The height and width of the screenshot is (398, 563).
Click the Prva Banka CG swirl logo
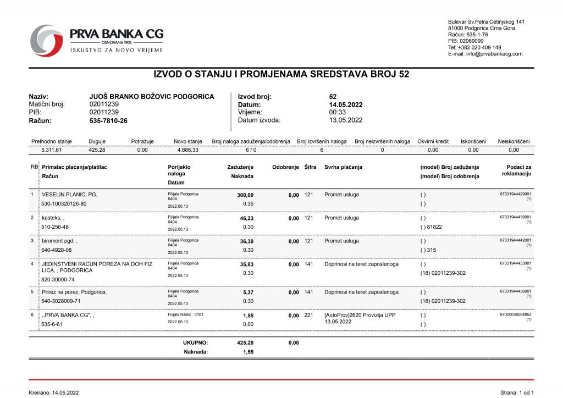pos(46,40)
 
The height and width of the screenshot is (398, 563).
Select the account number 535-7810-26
pos(108,120)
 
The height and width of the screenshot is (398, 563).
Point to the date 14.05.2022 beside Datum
pos(346,104)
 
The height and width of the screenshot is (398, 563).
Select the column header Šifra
pos(310,167)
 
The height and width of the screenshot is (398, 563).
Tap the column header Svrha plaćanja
pos(343,167)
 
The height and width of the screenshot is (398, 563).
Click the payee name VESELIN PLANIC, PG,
pos(70,195)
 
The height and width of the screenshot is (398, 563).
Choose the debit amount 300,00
pos(245,195)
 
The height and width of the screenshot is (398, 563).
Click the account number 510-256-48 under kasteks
pos(56,227)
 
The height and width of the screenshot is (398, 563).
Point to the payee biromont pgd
pos(60,241)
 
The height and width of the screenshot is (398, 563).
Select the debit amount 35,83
pos(246,264)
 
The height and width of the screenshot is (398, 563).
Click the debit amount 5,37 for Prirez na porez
pos(248,292)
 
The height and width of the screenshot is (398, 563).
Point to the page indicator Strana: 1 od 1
pos(517,393)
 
